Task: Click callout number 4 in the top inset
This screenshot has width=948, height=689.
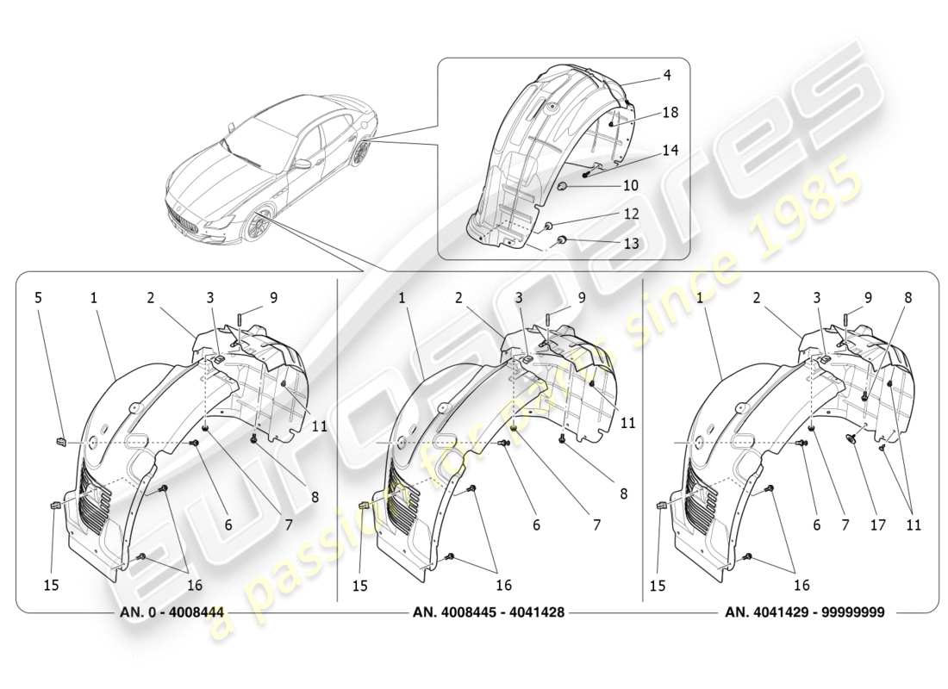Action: [x=667, y=75]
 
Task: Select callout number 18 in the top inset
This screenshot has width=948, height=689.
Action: [x=670, y=113]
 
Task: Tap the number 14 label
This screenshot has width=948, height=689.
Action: [x=670, y=150]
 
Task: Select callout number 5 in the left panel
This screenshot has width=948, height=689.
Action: [x=37, y=298]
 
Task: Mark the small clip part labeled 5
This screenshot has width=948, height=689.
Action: [x=61, y=443]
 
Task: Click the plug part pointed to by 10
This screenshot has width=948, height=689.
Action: [x=562, y=186]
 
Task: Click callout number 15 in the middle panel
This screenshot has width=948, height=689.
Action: [x=359, y=585]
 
